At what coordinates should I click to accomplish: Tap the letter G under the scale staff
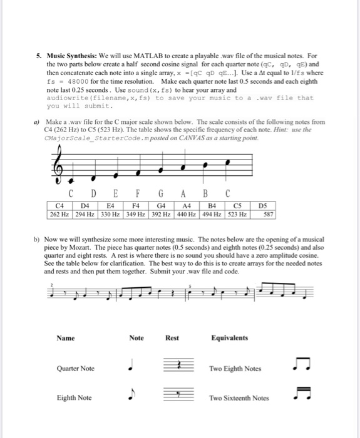click(x=160, y=194)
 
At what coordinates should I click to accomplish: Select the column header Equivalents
click(x=230, y=339)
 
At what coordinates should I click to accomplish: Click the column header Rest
click(x=172, y=339)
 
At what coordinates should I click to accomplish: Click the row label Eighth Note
click(x=74, y=398)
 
